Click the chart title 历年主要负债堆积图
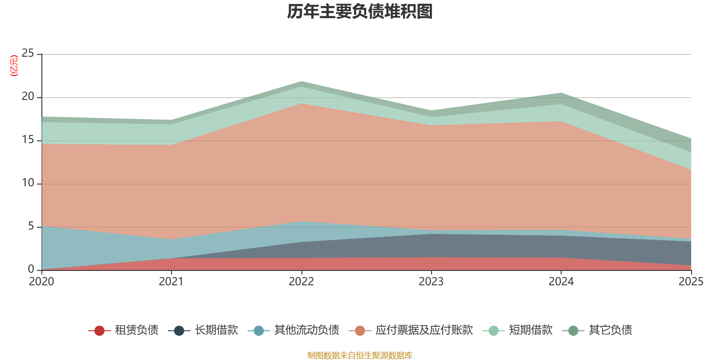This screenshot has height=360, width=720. coord(360,12)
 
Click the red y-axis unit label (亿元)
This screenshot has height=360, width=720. coord(14,66)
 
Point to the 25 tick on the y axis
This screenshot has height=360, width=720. coord(27,53)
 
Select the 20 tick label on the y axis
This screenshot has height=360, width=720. coord(27,96)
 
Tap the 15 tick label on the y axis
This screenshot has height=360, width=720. coord(27,139)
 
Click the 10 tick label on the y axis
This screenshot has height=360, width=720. coord(27,183)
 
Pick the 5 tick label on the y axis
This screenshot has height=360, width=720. coord(31,226)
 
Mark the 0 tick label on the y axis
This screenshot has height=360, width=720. coord(31,269)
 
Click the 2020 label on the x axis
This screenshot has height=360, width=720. coord(41,282)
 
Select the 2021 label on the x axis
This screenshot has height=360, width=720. coord(171,282)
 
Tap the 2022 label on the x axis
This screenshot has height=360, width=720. coord(301,282)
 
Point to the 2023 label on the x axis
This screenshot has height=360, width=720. coord(431,282)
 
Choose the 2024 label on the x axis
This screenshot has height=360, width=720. coord(561,282)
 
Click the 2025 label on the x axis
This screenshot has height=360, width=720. coord(691,282)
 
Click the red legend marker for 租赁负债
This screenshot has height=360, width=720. coord(99,330)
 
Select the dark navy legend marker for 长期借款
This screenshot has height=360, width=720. coord(179,330)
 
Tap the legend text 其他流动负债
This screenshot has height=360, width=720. coord(306,330)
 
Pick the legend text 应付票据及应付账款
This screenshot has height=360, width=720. coord(424,330)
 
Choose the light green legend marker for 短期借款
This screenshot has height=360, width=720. coord(493,330)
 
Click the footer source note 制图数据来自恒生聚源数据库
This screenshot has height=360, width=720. coord(360,355)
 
